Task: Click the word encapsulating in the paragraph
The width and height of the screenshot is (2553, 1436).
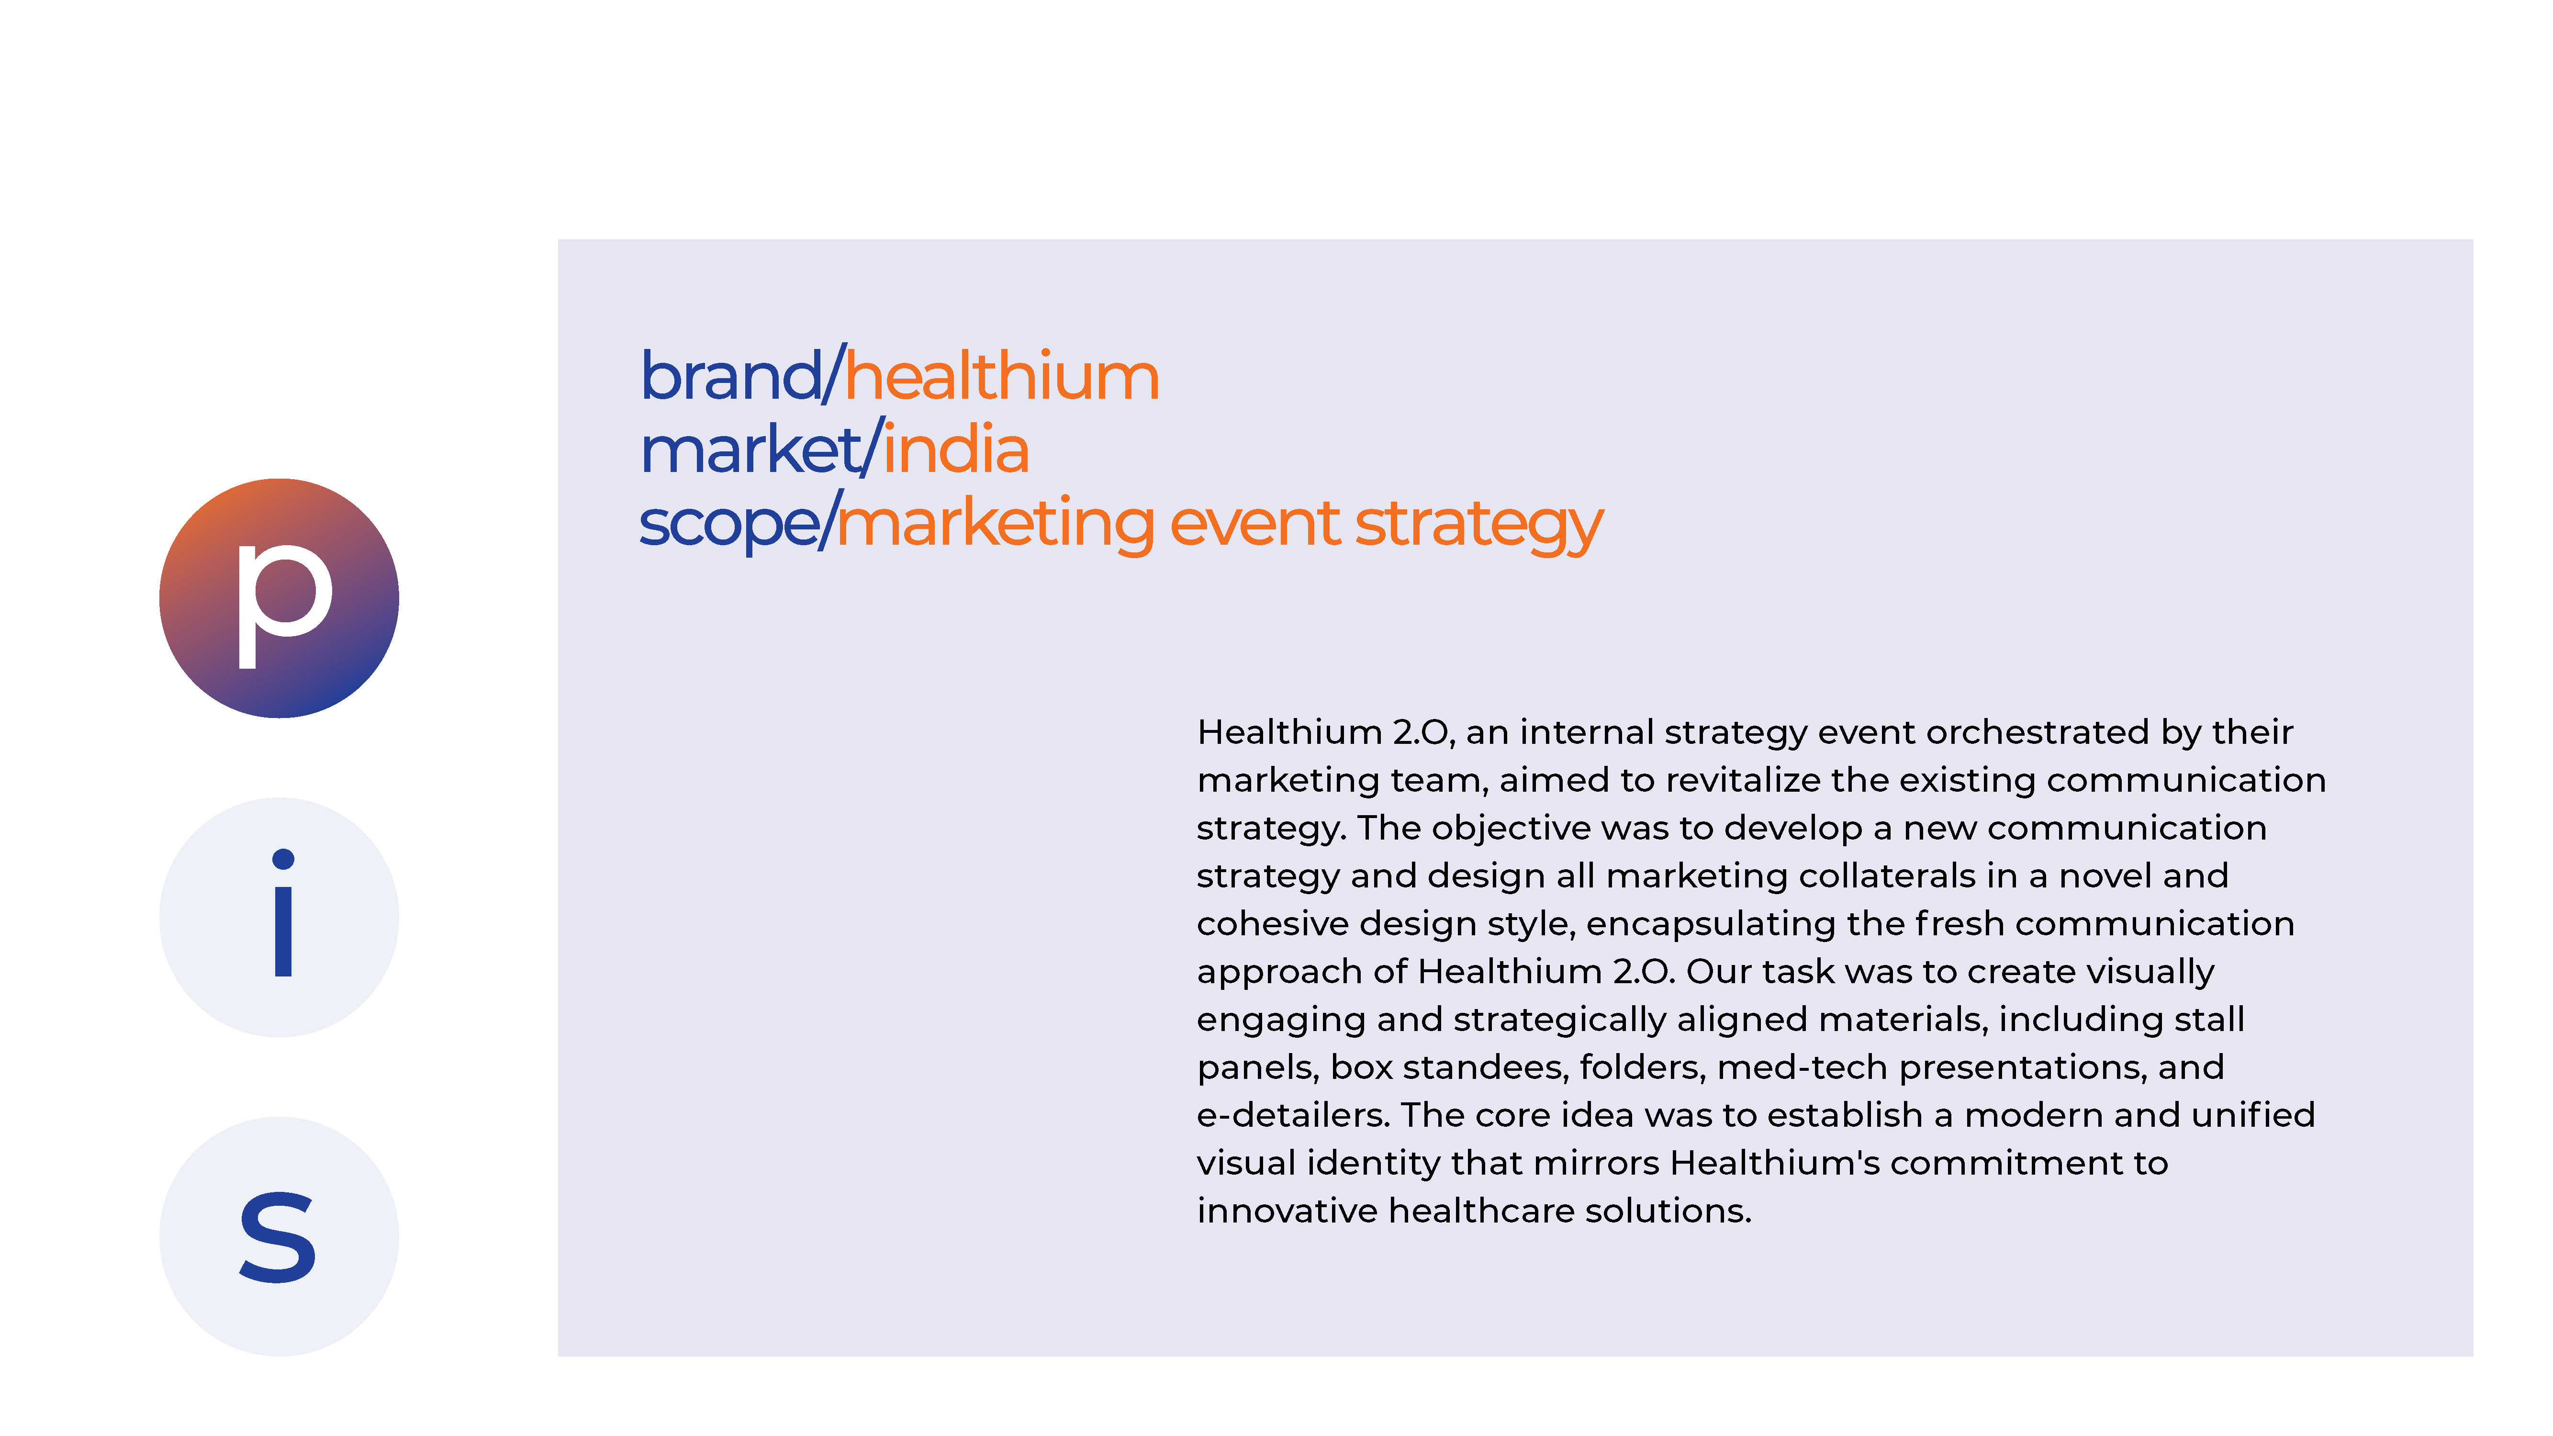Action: pyautogui.click(x=1710, y=924)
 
